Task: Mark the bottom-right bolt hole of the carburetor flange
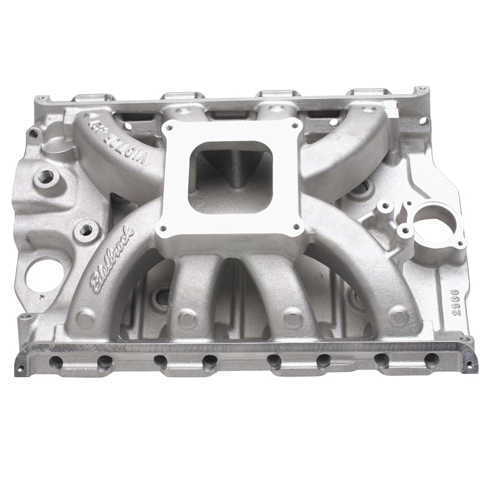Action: click(x=297, y=227)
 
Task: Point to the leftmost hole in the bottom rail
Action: click(x=56, y=362)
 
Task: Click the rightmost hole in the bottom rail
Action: click(x=432, y=361)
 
